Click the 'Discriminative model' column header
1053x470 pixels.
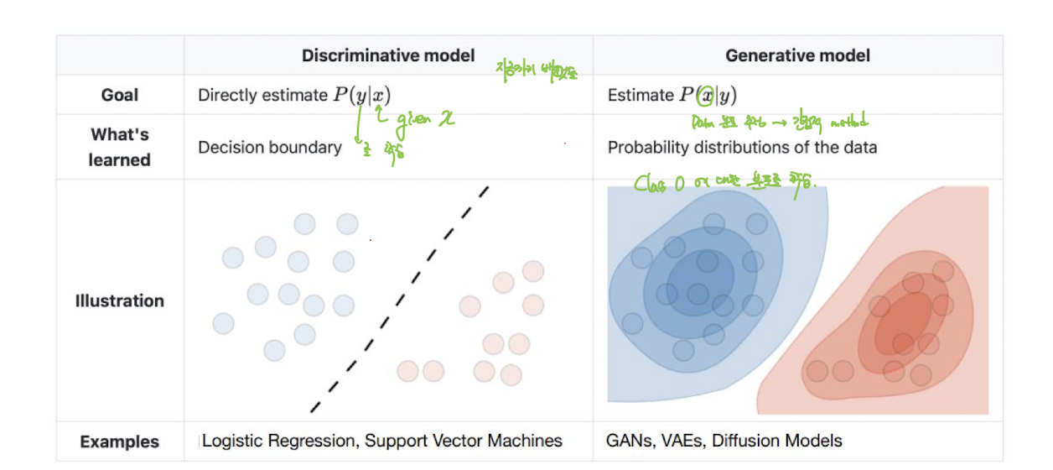(x=388, y=56)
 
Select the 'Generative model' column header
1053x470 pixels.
(x=797, y=56)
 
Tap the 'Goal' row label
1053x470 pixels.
(x=119, y=96)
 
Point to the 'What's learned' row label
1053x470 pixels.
(x=119, y=147)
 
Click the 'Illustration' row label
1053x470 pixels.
(x=119, y=300)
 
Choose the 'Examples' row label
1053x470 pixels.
(x=119, y=441)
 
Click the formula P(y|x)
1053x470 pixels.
(x=361, y=96)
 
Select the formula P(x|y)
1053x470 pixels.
(x=708, y=96)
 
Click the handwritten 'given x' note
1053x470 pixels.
(x=424, y=120)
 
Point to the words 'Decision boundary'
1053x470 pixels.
(x=270, y=148)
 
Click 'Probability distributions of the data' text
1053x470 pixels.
(x=742, y=148)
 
